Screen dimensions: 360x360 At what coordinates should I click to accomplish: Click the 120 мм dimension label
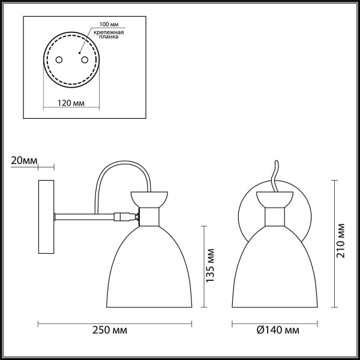pyautogui.click(x=70, y=103)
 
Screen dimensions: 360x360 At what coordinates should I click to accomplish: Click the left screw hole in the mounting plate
pyautogui.click(x=59, y=59)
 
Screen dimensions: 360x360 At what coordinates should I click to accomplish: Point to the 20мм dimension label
pyautogui.click(x=23, y=161)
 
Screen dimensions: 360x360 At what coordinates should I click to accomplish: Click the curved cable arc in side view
pyautogui.click(x=123, y=168)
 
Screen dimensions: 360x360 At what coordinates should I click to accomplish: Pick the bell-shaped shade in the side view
pyautogui.click(x=149, y=264)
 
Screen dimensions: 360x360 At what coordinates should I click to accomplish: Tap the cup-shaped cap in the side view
pyautogui.click(x=149, y=199)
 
